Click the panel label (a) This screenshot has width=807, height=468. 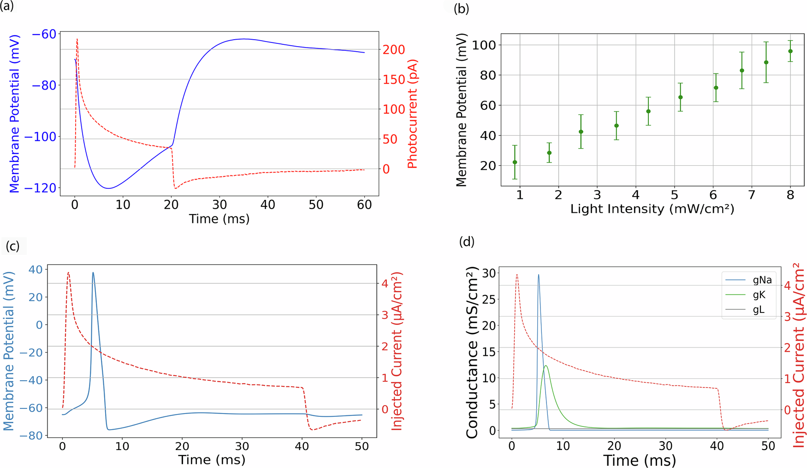7,6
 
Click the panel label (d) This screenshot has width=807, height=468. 467,241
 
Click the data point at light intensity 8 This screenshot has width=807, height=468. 790,51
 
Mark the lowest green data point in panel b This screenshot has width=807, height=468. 515,162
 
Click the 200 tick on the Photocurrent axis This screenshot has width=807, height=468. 394,49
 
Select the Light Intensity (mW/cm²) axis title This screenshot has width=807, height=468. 652,209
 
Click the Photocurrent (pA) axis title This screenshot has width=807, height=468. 412,114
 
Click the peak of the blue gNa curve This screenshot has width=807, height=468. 538,275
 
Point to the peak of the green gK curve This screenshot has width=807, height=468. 546,366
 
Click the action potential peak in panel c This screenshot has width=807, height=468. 93,273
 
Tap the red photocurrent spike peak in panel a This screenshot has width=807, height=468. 77,40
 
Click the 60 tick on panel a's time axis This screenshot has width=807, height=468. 364,204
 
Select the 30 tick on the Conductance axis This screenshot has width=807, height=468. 489,273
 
